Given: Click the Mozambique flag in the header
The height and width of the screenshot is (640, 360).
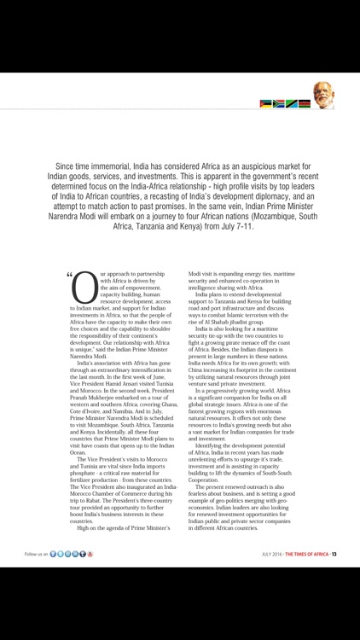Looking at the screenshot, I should tap(265, 104).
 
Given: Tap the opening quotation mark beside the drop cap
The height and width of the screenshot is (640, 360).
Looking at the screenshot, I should tap(68, 252).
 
